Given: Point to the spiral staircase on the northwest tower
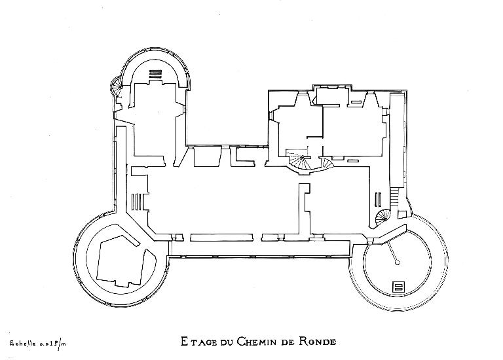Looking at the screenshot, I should (x=117, y=86).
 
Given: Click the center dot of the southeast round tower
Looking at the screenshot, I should (x=398, y=262).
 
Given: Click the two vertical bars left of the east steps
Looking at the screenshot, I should (x=378, y=198).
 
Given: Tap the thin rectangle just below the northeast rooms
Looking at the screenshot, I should (x=353, y=160).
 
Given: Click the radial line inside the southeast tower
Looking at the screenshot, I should (x=392, y=252).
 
